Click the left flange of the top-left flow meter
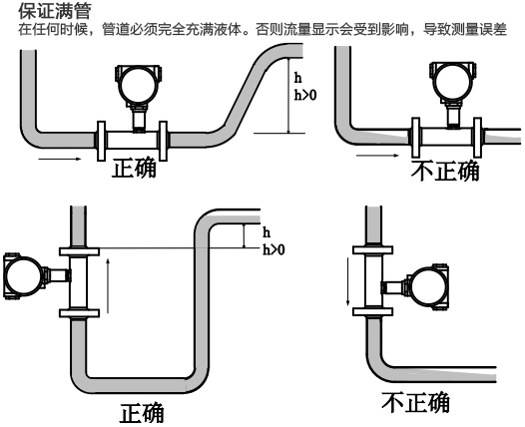(101, 140)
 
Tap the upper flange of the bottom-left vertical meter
(74, 248)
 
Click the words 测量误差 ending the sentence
(486, 26)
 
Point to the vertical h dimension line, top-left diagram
(287, 100)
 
